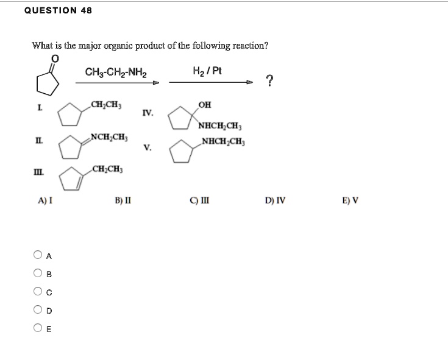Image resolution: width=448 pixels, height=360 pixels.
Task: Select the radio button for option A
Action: (38, 255)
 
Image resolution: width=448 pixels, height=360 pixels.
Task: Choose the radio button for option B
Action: (38, 273)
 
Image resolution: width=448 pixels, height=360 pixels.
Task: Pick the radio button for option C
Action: (38, 292)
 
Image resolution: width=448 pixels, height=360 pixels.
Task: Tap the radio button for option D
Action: (38, 311)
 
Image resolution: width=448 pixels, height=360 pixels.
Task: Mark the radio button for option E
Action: (38, 330)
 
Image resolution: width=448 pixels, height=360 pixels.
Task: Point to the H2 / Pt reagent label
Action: (207, 71)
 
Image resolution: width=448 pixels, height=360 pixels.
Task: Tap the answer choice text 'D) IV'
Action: (274, 199)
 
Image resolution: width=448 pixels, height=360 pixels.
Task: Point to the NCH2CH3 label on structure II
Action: (108, 136)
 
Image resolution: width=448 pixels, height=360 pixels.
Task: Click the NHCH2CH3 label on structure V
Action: (221, 143)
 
